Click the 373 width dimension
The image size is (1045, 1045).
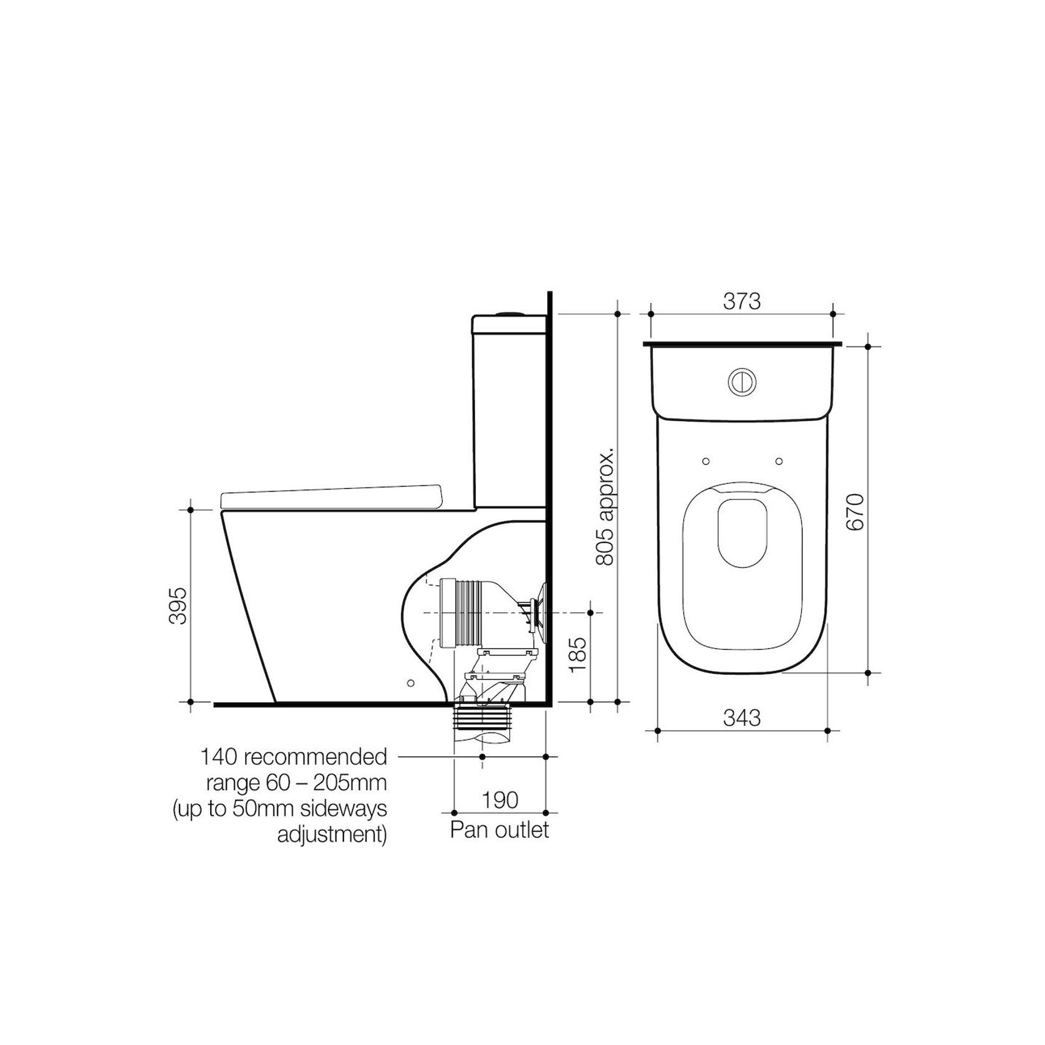[x=741, y=301]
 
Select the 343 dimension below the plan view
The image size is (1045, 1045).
[x=741, y=718]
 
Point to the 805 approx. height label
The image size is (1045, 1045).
[x=605, y=505]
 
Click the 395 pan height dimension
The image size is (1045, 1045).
[x=178, y=605]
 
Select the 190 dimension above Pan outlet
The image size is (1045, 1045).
[x=500, y=800]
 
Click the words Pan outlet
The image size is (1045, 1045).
[x=499, y=830]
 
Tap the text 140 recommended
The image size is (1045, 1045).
[x=293, y=757]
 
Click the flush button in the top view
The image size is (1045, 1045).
[x=741, y=382]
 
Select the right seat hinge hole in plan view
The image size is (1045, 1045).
[x=779, y=461]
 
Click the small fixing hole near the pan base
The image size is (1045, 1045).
[x=410, y=683]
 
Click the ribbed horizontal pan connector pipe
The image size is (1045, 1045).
[x=465, y=614]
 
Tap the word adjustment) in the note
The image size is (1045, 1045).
[x=331, y=835]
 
